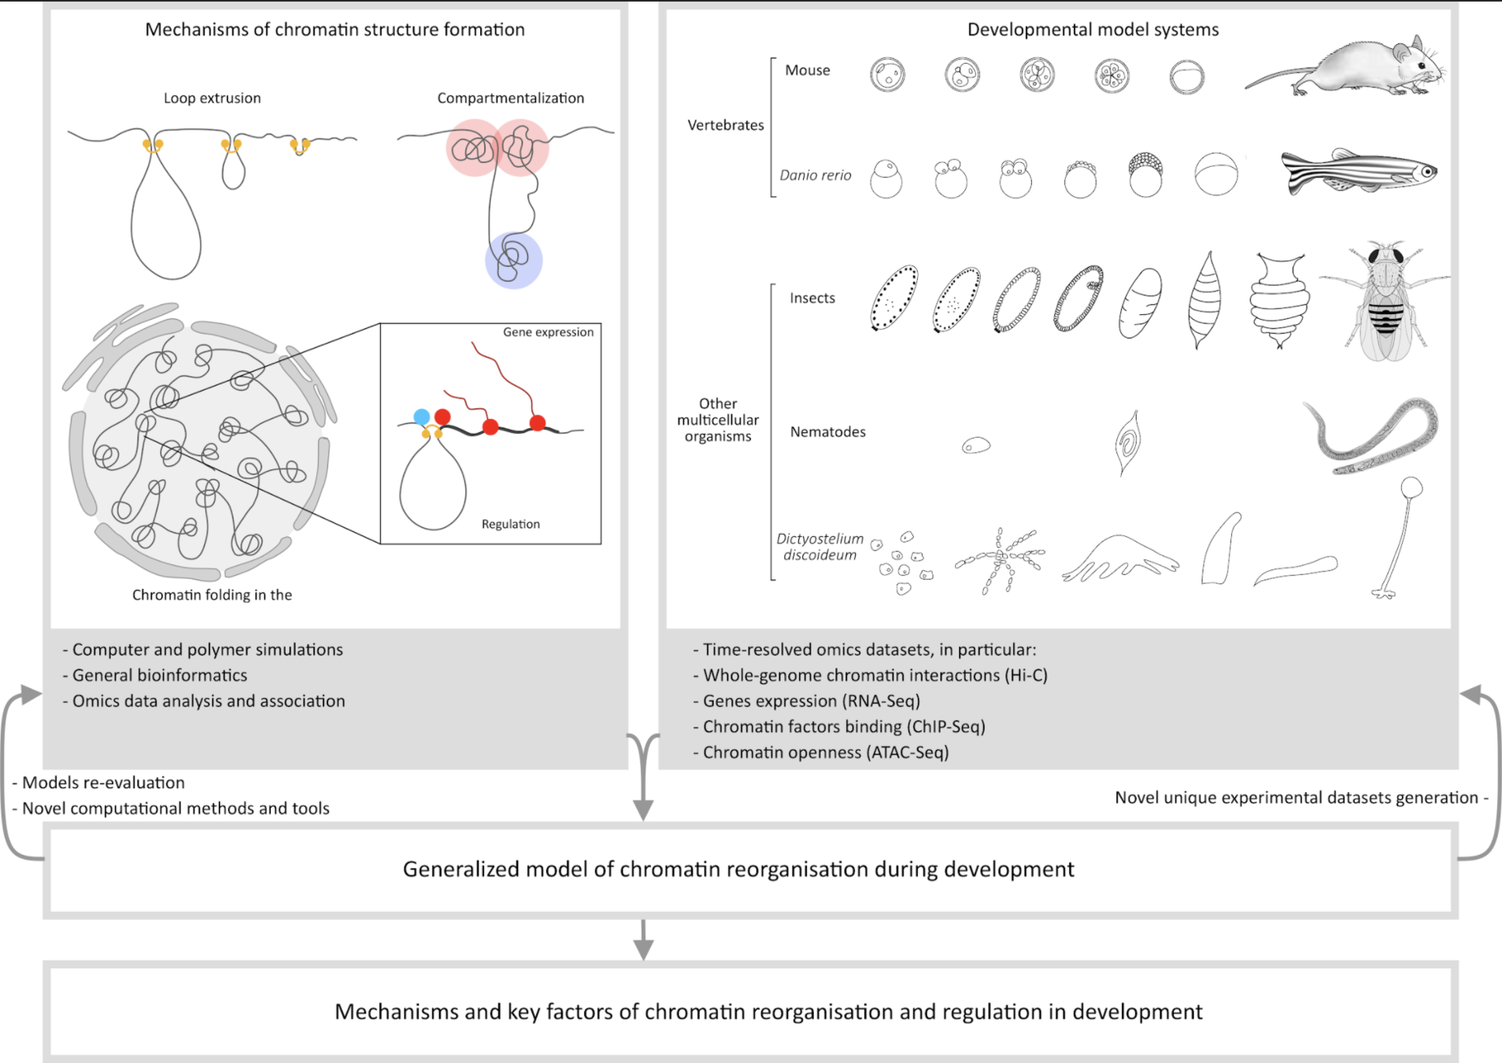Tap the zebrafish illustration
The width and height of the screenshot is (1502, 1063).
coord(1359,172)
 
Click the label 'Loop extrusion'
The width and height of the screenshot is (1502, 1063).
coord(212,98)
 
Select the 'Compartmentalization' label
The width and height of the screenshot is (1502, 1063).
coord(510,98)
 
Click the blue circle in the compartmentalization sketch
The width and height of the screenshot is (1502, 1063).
coord(513,261)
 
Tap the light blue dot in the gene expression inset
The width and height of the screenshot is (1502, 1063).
coord(422,417)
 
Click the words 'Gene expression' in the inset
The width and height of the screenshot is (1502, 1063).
coord(548,332)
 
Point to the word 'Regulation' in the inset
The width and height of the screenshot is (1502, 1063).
coord(510,524)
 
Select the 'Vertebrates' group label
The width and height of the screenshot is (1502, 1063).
coord(725,125)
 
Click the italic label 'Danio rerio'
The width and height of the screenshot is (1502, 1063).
coord(815,176)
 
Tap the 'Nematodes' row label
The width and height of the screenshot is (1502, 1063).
coord(827,432)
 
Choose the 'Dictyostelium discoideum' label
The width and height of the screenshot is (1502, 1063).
coord(819,546)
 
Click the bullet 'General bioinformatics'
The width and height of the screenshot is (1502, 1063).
coord(159,676)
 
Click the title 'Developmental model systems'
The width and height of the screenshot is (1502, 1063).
coord(1093,30)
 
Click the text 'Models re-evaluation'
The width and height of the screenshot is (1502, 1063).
coord(103,783)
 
